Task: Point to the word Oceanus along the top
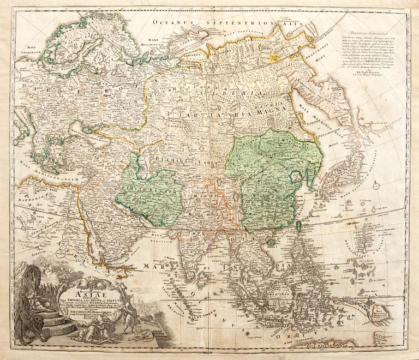(x=172, y=22)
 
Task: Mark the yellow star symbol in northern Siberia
(x=276, y=54)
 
